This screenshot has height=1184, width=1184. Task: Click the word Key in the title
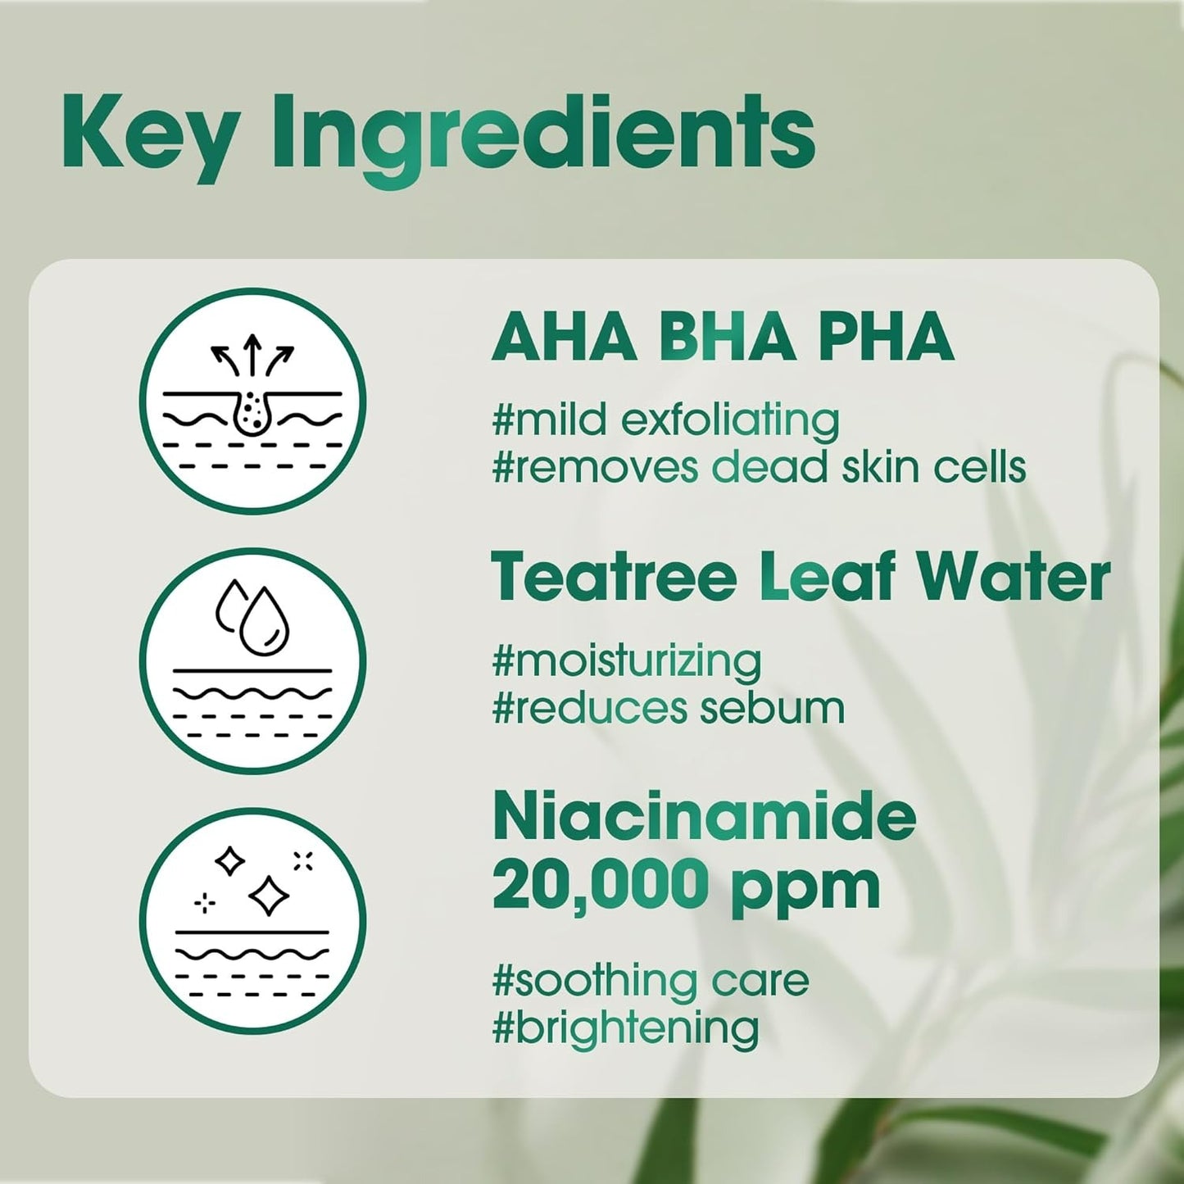tap(151, 136)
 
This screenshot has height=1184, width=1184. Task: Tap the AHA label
tap(565, 337)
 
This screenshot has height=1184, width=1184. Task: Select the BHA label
tap(728, 337)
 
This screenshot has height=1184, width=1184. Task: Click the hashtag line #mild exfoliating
tap(665, 421)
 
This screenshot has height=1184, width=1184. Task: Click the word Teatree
tap(614, 578)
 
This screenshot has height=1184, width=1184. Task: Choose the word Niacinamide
tap(704, 818)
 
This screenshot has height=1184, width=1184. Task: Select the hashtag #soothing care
tap(650, 981)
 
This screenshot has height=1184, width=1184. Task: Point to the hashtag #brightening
tap(624, 1029)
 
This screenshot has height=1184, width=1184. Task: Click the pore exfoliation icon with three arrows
tap(252, 401)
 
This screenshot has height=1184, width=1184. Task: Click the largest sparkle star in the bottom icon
tap(268, 896)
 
